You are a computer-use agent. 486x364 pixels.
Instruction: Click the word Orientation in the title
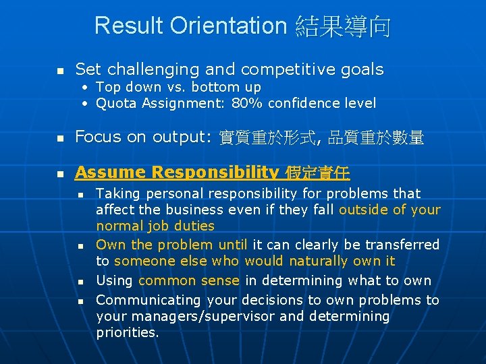[229, 26]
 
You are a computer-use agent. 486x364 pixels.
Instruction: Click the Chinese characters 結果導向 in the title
[342, 27]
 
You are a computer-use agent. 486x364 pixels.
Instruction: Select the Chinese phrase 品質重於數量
[376, 138]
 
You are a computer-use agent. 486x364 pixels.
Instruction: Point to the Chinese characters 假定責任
[317, 173]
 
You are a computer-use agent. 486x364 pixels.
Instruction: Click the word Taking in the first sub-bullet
[117, 194]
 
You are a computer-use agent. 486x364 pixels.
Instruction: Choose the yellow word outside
[363, 210]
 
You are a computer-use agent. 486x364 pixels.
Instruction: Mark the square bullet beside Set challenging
[60, 71]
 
